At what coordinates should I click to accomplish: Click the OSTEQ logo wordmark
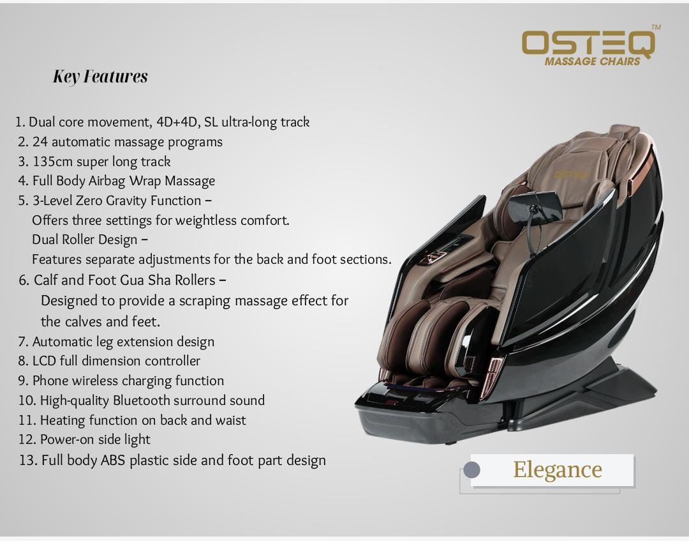pyautogui.click(x=588, y=43)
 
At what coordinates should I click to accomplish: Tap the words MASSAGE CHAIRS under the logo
pyautogui.click(x=592, y=61)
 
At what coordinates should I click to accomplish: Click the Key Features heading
pyautogui.click(x=100, y=77)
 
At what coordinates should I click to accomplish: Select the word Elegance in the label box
pyautogui.click(x=557, y=470)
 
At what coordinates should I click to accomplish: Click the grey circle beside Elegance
pyautogui.click(x=471, y=469)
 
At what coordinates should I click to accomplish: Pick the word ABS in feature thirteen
pyautogui.click(x=113, y=461)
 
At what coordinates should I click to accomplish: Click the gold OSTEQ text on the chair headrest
pyautogui.click(x=571, y=175)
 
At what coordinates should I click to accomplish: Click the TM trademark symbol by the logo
pyautogui.click(x=656, y=27)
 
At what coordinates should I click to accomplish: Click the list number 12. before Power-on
pyautogui.click(x=27, y=440)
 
